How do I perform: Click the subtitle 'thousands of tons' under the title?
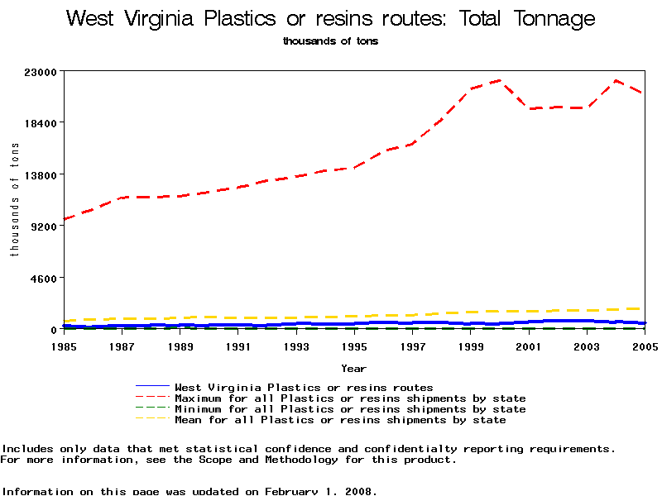coord(330,41)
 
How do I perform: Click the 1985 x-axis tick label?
coord(64,346)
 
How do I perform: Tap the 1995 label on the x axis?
coord(355,346)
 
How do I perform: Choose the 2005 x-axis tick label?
coord(645,346)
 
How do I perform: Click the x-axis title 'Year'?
coord(353,368)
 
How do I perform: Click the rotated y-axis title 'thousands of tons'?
coord(14,199)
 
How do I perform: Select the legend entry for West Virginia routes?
coord(304,387)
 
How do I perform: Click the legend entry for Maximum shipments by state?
coord(350,398)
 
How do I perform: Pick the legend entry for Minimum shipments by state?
coord(350,409)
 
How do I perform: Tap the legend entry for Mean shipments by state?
coord(340,420)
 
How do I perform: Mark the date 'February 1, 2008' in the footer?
coord(319,491)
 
